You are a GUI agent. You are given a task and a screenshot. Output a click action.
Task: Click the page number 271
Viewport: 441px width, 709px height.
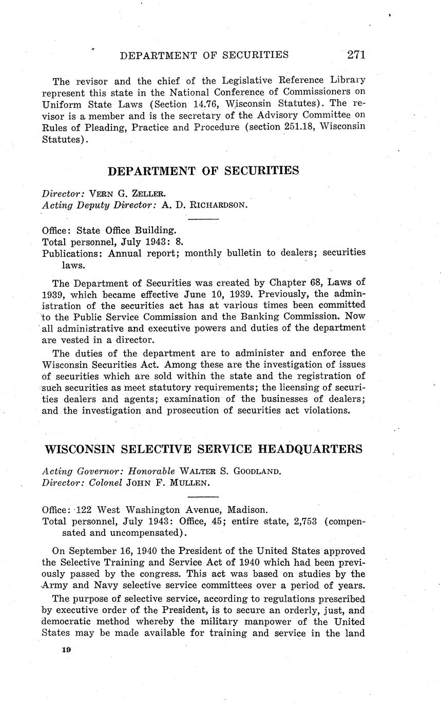click(x=356, y=54)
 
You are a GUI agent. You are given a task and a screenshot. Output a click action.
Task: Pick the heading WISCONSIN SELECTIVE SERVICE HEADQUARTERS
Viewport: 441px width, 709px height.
click(x=204, y=449)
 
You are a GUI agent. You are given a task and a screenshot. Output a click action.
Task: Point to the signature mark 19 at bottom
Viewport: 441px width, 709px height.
click(x=66, y=649)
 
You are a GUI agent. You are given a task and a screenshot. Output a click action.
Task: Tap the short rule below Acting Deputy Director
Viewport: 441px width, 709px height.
click(x=204, y=220)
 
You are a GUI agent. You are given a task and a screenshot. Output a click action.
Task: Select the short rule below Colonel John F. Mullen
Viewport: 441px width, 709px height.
click(x=204, y=497)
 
